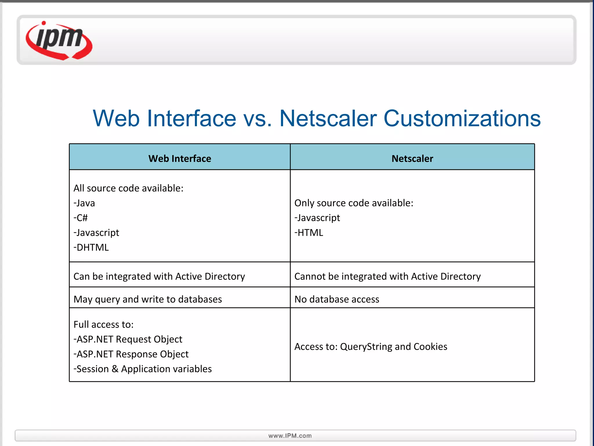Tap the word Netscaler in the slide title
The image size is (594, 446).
328,118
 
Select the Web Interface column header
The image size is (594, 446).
180,159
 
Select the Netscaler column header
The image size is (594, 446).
412,159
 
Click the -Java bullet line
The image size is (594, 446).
84,203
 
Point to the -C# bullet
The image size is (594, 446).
81,218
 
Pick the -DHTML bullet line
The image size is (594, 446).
91,247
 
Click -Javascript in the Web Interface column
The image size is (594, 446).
96,233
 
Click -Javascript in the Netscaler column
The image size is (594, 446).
317,218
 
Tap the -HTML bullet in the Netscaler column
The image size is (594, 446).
309,233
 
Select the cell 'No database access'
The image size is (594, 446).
337,299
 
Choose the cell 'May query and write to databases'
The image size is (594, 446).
148,299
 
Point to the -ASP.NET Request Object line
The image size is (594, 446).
128,339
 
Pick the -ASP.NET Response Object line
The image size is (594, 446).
131,354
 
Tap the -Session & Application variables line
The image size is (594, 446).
143,369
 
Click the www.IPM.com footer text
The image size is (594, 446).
290,436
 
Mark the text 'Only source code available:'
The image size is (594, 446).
354,203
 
